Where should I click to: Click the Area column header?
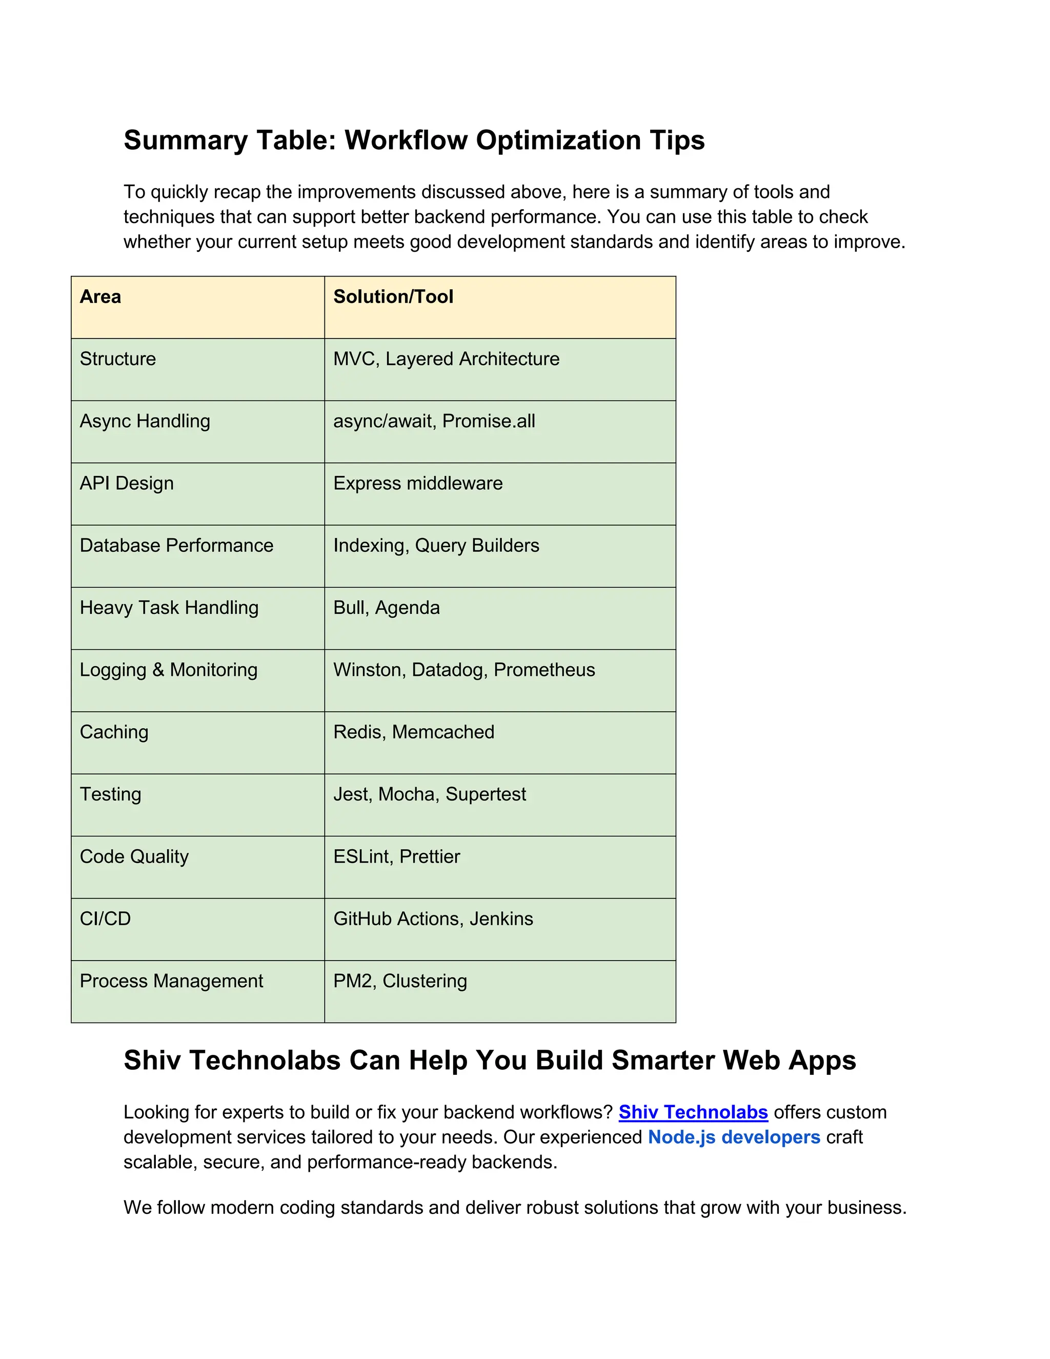[100, 297]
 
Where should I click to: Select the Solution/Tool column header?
[393, 297]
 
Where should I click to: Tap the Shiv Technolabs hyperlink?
[693, 1112]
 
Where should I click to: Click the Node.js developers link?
[734, 1137]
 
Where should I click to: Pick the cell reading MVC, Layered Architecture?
[446, 359]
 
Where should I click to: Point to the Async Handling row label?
[145, 421]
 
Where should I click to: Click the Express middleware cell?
[417, 484]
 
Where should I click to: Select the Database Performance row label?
[177, 546]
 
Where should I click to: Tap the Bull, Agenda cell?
[386, 608]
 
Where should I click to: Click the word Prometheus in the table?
[544, 670]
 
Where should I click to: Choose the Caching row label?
[114, 732]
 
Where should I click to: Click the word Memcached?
[443, 732]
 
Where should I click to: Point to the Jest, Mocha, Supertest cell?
[429, 794]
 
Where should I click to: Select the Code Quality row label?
[134, 857]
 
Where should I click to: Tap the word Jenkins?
[501, 919]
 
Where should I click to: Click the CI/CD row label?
[105, 919]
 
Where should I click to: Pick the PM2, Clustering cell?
[400, 981]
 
